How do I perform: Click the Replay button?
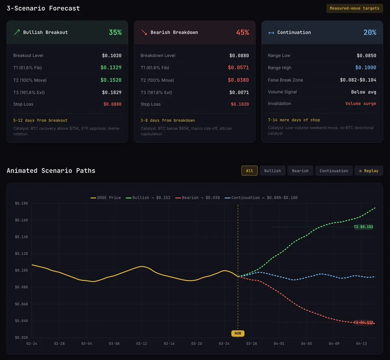pyautogui.click(x=369, y=171)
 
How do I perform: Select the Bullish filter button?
pyautogui.click(x=272, y=171)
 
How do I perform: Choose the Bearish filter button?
pyautogui.click(x=300, y=171)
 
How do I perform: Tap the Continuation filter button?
pyautogui.click(x=334, y=171)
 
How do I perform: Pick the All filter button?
pyautogui.click(x=249, y=171)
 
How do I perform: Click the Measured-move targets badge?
pyautogui.click(x=354, y=8)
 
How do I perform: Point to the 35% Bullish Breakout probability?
pyautogui.click(x=115, y=32)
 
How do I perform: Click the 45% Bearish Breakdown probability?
pyautogui.click(x=242, y=32)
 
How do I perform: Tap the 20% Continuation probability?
pyautogui.click(x=370, y=32)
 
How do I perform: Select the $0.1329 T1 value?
pyautogui.click(x=111, y=68)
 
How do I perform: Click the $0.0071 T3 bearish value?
pyautogui.click(x=239, y=93)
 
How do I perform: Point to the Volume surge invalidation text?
pyautogui.click(x=360, y=104)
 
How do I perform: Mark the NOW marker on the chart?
pyautogui.click(x=238, y=333)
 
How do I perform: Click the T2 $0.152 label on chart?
pyautogui.click(x=363, y=227)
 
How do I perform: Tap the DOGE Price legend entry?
pyautogui.click(x=106, y=198)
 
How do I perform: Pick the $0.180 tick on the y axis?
pyautogui.click(x=21, y=204)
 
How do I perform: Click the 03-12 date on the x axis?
pyautogui.click(x=142, y=343)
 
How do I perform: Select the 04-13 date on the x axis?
pyautogui.click(x=361, y=343)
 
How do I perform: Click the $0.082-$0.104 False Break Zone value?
pyautogui.click(x=358, y=80)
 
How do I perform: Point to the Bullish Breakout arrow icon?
pyautogui.click(x=17, y=32)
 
